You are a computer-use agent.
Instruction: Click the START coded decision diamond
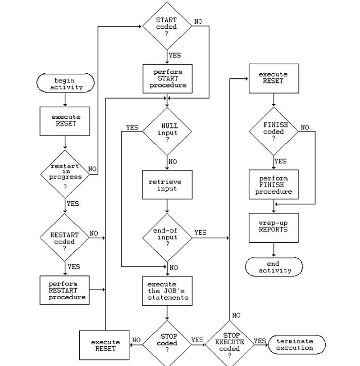[167, 26]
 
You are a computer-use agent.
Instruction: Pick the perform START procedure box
[167, 79]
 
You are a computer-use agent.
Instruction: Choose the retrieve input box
[167, 185]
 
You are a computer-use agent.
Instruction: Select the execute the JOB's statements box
[167, 291]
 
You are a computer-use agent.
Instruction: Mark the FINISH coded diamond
[274, 132]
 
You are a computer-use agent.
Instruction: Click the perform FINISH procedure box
[274, 185]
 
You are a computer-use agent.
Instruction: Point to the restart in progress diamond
[65, 174]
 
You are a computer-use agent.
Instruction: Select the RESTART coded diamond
[65, 238]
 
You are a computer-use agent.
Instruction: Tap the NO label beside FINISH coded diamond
[305, 128]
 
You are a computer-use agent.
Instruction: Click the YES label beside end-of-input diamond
[200, 233]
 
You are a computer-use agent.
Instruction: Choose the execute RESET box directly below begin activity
[65, 120]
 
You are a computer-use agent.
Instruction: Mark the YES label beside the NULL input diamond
[132, 127]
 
